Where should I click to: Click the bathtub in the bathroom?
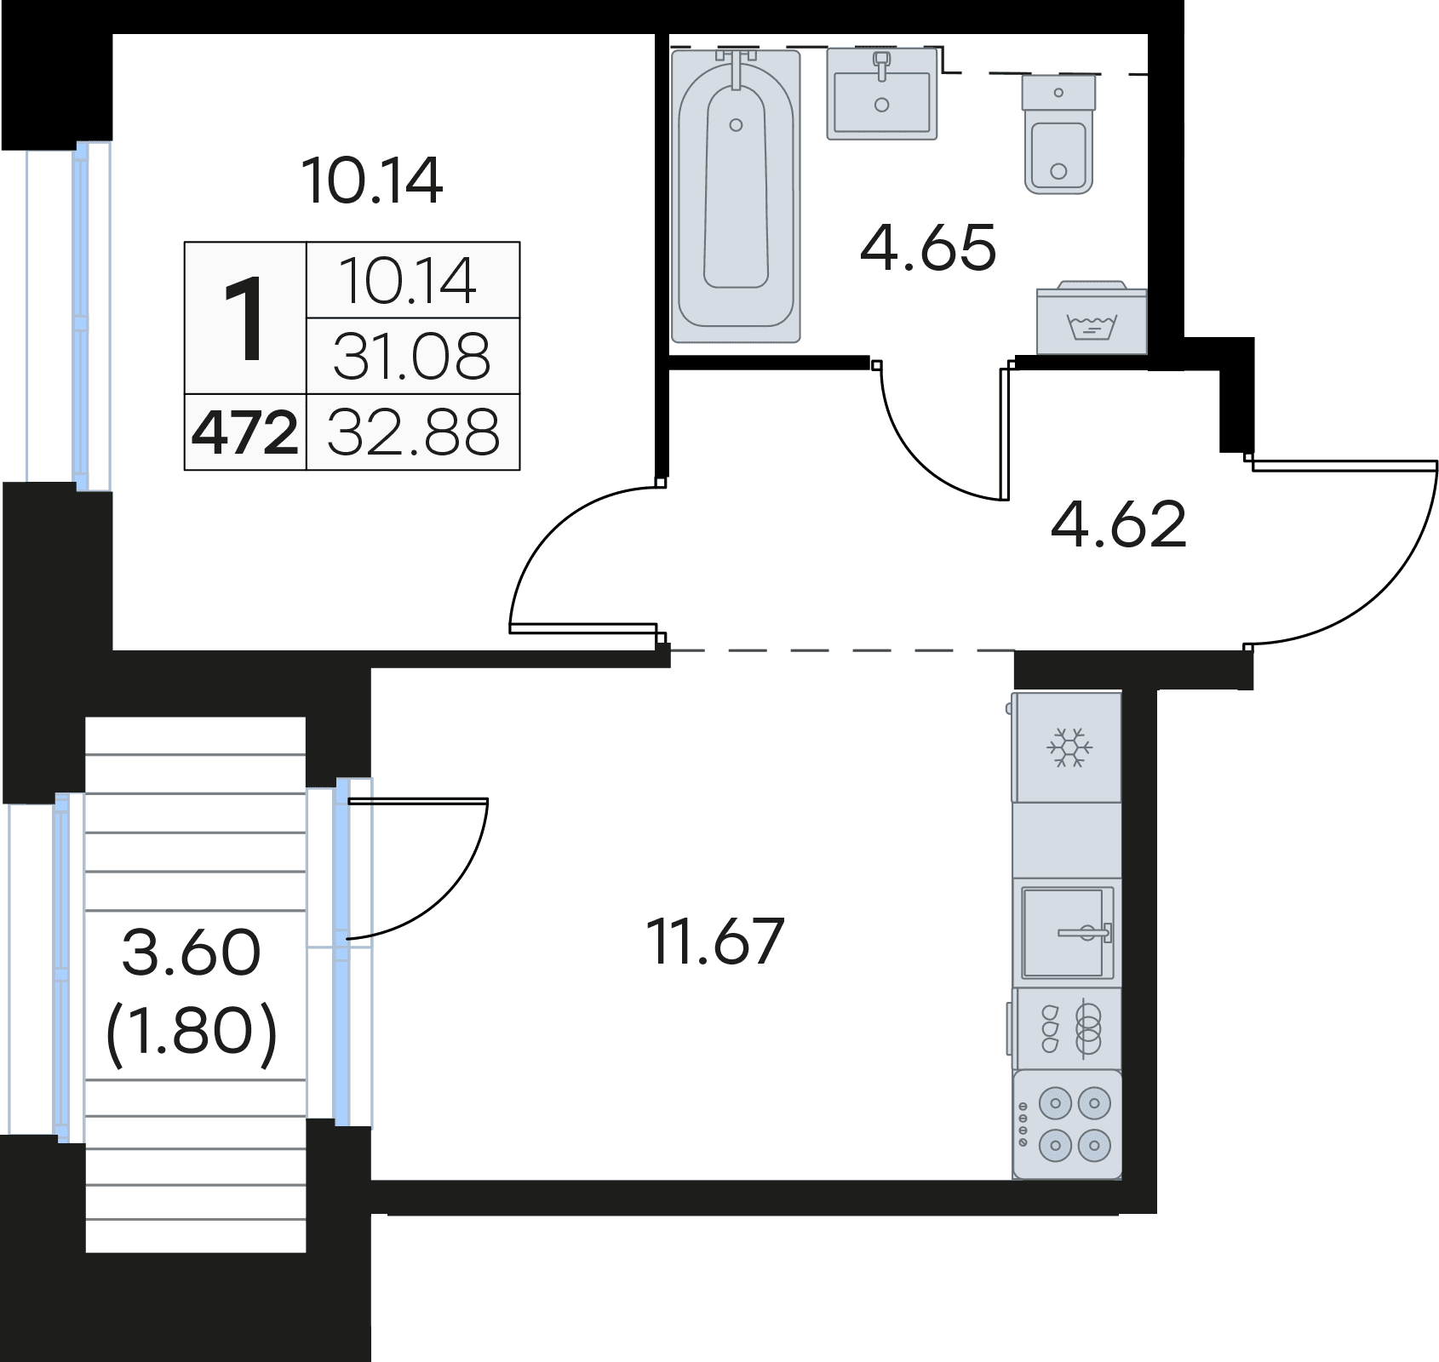[x=736, y=196]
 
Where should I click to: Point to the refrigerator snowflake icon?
[x=1069, y=747]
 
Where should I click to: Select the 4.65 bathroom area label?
[x=927, y=249]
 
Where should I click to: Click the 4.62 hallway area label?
[x=1118, y=524]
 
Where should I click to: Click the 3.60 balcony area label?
[x=192, y=953]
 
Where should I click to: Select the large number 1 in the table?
[x=245, y=320]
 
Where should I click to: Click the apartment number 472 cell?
[x=245, y=432]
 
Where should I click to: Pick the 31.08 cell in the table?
[x=412, y=357]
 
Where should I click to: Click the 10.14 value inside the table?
[x=409, y=281]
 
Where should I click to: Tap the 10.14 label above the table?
[x=372, y=180]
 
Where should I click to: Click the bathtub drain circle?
[x=736, y=125]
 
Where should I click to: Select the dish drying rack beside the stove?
[x=1068, y=1028]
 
